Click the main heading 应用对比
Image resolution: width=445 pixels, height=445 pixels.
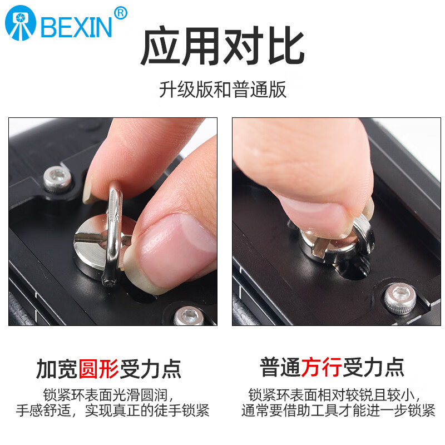click(x=222, y=47)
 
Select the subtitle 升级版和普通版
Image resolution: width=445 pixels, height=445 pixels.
click(x=222, y=90)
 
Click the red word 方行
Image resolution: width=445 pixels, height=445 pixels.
click(x=323, y=367)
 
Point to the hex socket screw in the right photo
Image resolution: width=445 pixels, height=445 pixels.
click(x=399, y=298)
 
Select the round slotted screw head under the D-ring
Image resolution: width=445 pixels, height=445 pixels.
click(x=100, y=245)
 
